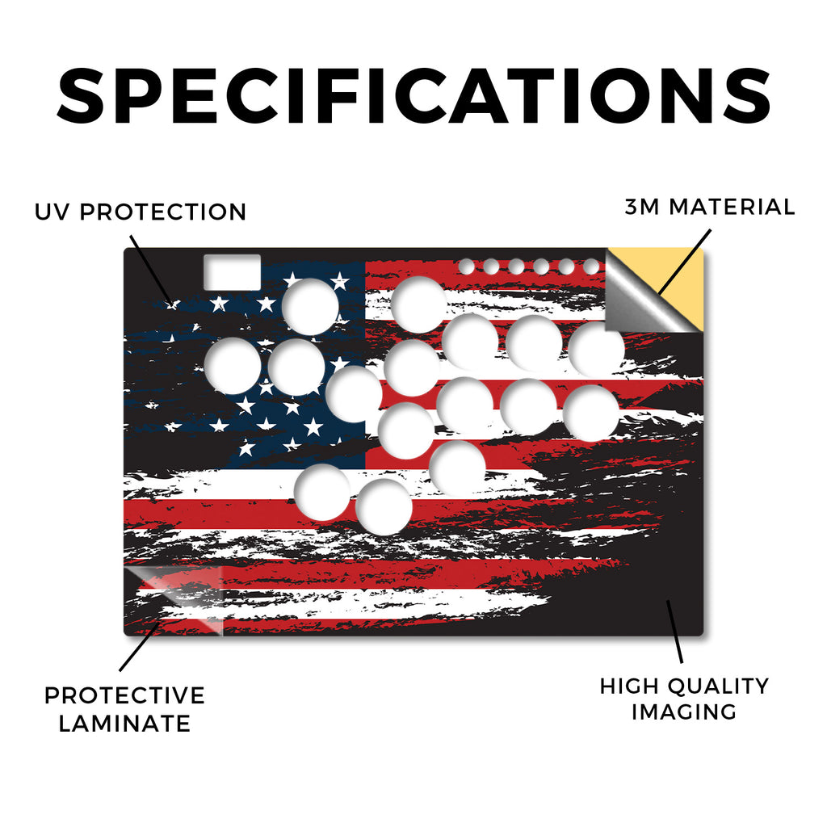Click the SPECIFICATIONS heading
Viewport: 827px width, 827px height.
click(413, 96)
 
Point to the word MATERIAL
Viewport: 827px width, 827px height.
click(732, 207)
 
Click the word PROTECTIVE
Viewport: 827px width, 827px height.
click(124, 695)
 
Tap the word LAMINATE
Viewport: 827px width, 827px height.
click(124, 723)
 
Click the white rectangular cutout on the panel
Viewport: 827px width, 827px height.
click(232, 272)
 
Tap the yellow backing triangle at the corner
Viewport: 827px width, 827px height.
click(680, 288)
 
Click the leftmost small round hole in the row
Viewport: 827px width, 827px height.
click(466, 267)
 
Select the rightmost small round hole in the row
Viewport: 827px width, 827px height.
click(591, 267)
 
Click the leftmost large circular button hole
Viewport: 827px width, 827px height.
click(233, 366)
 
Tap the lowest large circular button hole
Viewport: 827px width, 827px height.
click(384, 507)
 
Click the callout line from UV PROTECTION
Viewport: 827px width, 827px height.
click(150, 269)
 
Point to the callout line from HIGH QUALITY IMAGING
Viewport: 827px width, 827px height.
click(674, 632)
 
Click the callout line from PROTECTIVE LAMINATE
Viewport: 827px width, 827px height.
click(139, 647)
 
